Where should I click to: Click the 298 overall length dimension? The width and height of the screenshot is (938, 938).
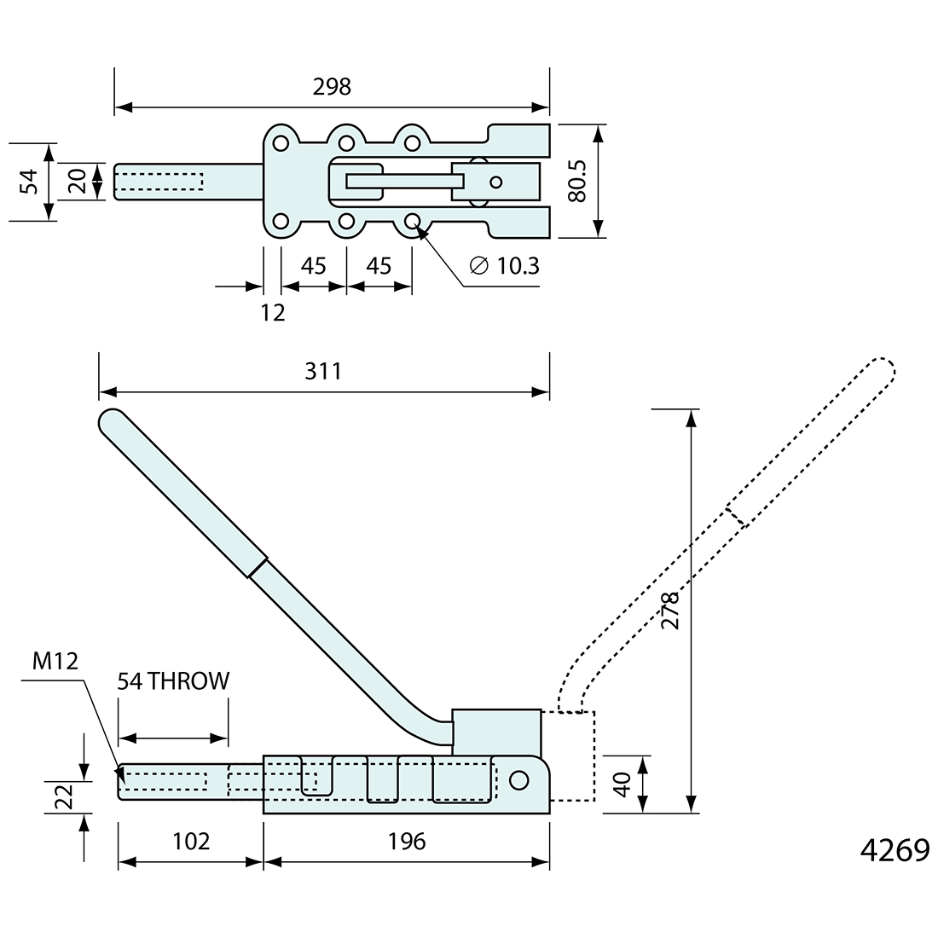332,87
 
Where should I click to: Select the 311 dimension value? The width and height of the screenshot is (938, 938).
323,371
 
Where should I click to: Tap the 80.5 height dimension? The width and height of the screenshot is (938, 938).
578,181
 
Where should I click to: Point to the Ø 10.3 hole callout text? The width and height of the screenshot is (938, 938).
505,266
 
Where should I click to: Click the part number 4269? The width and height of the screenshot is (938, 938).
894,851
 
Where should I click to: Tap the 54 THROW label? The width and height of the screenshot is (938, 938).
174,680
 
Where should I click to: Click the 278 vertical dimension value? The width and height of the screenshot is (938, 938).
670,610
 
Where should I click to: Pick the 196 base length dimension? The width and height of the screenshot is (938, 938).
406,842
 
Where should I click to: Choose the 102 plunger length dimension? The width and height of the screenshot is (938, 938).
190,842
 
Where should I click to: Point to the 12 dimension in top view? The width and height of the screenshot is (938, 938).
272,313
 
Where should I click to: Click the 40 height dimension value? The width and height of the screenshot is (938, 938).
622,785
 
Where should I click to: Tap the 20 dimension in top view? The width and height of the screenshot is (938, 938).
77,181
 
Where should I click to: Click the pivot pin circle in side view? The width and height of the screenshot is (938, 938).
518,780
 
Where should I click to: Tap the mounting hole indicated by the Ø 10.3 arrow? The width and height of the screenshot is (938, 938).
413,222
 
